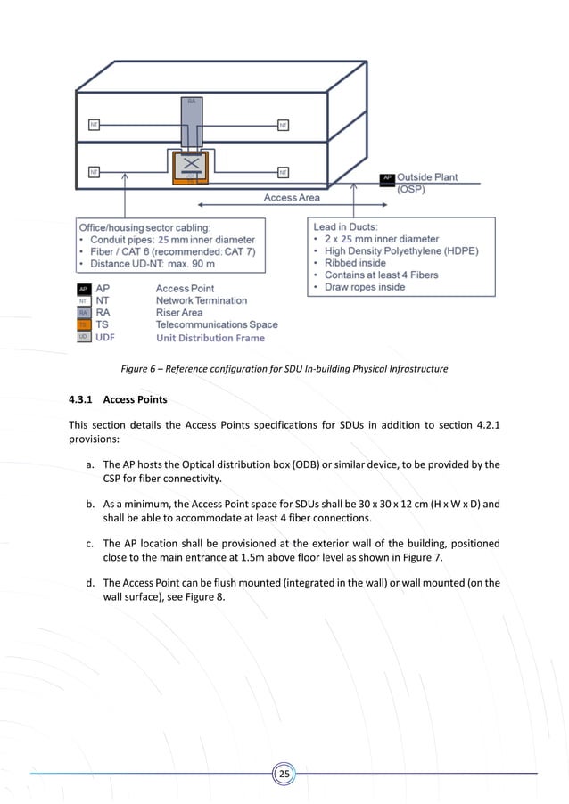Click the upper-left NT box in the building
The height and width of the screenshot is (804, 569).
(93, 125)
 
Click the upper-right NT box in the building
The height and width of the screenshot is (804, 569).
(283, 125)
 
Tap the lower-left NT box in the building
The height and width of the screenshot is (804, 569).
(93, 171)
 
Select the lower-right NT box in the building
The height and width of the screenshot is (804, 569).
(283, 171)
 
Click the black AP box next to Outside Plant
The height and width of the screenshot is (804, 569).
(387, 179)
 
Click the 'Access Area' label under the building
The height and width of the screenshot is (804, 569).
(292, 197)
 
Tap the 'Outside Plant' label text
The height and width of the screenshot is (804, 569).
(427, 177)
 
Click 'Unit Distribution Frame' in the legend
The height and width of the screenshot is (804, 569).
(210, 338)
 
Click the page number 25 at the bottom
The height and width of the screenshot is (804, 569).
(284, 774)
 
